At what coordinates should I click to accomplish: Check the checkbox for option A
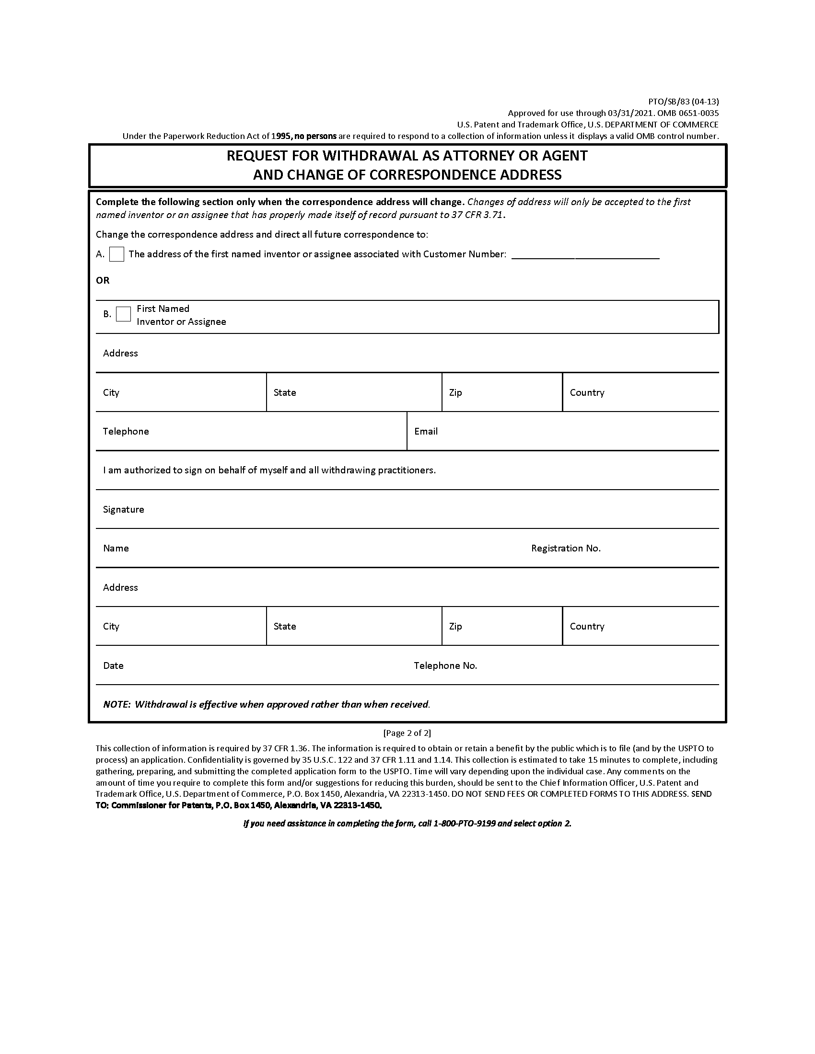point(117,254)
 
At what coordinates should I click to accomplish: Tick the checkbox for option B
point(124,314)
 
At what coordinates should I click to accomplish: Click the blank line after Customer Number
point(585,255)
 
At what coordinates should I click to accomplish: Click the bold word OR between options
point(103,280)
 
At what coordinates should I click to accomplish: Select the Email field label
point(426,432)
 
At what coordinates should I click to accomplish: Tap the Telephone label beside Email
point(126,432)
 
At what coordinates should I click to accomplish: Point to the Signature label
point(124,510)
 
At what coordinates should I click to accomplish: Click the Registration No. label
point(566,548)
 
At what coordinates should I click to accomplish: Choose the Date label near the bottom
point(114,666)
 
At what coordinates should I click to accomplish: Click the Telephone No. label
point(445,666)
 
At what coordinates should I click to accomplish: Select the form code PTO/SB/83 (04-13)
point(683,102)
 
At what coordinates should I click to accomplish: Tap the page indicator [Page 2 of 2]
point(407,733)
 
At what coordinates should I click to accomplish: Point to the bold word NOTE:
point(117,705)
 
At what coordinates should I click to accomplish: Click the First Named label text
point(163,309)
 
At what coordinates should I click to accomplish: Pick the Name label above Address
point(116,548)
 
